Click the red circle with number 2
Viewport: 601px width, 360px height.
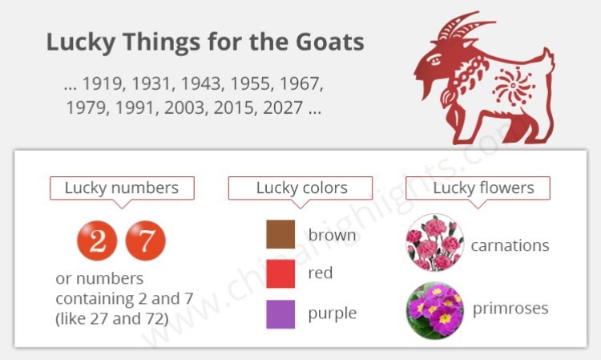97,241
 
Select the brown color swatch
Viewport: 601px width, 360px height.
280,235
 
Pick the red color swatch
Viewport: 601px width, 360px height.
280,274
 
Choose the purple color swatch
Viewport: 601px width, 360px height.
280,313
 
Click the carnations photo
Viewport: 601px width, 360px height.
435,243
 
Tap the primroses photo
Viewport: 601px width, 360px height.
435,309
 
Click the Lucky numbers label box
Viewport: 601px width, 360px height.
122,188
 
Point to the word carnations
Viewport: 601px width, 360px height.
510,245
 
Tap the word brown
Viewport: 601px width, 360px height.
332,236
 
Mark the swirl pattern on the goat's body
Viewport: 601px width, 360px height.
514,83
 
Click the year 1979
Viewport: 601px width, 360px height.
89,107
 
